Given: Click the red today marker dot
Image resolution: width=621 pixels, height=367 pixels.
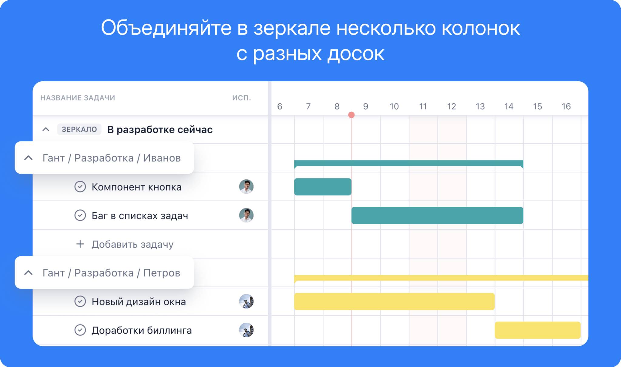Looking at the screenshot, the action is point(351,115).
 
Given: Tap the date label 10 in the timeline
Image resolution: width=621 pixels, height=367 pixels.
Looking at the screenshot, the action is point(394,107).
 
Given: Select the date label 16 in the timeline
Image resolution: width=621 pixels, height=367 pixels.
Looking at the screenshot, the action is point(566,107).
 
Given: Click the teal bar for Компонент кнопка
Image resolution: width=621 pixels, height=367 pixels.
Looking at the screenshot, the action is point(323,187).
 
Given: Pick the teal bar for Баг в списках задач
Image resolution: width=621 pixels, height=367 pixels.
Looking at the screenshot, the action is point(437,216).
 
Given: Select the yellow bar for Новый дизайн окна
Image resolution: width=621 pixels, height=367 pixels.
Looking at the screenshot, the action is point(394,301).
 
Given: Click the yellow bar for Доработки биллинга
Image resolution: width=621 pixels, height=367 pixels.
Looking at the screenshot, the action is point(538,330).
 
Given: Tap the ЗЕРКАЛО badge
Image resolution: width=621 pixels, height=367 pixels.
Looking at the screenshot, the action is point(79,129).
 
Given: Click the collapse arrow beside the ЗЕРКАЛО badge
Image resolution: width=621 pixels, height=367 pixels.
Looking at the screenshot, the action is point(46,130).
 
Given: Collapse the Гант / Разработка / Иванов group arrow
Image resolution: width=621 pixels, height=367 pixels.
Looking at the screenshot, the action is point(29,158).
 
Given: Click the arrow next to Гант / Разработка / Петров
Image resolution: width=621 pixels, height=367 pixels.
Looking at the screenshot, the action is point(29,273).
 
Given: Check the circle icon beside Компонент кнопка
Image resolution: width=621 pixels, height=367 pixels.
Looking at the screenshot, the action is point(80,187).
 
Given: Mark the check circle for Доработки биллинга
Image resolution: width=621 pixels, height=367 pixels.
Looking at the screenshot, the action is point(80,330).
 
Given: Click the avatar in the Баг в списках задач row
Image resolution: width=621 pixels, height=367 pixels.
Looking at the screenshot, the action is point(246,215).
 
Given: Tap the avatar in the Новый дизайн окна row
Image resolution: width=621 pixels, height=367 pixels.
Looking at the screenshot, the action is point(246,301).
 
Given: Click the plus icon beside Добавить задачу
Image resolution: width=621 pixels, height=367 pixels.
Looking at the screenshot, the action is point(80,244).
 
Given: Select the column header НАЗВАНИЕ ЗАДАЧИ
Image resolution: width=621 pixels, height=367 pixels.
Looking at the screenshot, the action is point(78,98).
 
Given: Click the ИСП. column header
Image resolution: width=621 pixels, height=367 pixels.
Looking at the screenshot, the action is point(242,98).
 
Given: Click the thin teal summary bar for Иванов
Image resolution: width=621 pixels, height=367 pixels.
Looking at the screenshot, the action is point(409,163).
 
